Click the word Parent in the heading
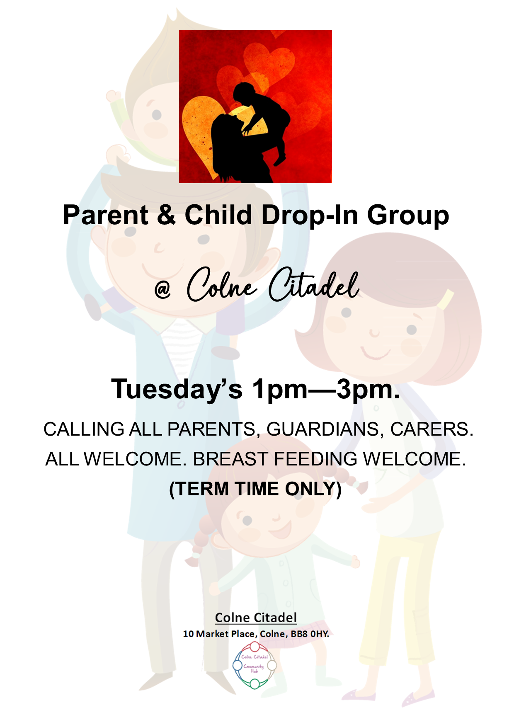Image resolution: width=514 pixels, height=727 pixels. (106, 215)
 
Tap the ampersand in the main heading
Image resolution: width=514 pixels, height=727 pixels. (167, 215)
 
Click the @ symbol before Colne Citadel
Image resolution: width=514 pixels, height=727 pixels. (162, 289)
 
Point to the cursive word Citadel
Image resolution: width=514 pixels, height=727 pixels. (314, 285)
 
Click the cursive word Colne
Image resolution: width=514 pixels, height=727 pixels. (222, 285)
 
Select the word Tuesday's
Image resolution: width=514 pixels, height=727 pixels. (177, 390)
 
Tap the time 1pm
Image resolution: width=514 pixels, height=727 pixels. (280, 390)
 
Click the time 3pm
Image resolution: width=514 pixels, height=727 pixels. (368, 390)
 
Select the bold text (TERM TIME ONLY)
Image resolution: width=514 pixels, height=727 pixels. (255, 489)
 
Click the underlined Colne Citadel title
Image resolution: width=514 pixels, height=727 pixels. (256, 618)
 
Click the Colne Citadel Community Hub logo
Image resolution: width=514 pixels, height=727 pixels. (255, 665)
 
